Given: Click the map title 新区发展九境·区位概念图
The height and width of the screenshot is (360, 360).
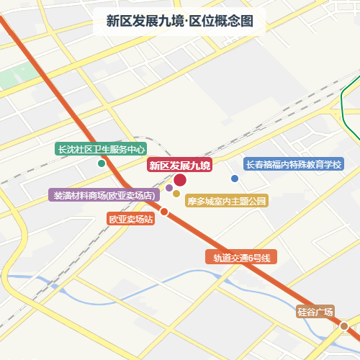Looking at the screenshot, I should click(x=179, y=21).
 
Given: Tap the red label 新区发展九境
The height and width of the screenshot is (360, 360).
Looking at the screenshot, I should click(x=179, y=166).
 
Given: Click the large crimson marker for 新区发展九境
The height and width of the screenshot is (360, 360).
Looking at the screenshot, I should click(x=180, y=180).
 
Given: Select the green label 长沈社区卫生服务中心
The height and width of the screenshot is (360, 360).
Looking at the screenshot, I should click(x=102, y=149).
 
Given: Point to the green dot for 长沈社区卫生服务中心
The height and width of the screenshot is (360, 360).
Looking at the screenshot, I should click(x=102, y=163).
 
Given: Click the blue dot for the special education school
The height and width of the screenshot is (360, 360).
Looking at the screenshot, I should click(x=234, y=179).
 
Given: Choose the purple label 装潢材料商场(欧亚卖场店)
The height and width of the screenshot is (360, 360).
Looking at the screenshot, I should click(x=102, y=195).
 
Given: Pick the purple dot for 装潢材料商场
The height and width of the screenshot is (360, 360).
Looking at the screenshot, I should click(x=169, y=188).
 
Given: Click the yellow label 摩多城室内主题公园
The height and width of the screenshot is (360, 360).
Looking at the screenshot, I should click(x=227, y=201).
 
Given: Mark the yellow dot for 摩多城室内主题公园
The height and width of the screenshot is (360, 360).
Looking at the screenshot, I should click(x=176, y=193).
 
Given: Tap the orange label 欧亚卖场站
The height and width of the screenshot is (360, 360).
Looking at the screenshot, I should click(x=131, y=219).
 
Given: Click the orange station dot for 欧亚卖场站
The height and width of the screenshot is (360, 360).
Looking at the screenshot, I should click(x=164, y=212).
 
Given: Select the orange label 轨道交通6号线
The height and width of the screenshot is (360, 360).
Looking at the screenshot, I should click(x=241, y=257).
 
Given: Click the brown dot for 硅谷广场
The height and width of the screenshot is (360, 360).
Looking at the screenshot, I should click(x=344, y=326).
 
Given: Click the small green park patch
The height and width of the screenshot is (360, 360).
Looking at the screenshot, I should click(x=9, y=78).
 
